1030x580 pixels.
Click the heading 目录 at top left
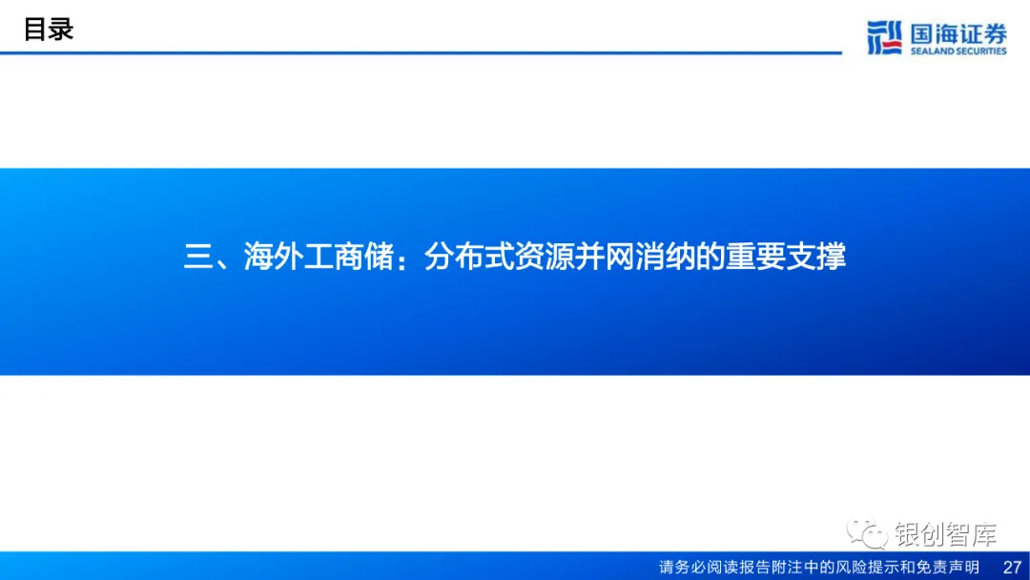click(49, 30)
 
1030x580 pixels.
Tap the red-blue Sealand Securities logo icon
click(883, 37)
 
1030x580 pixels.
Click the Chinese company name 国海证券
click(958, 33)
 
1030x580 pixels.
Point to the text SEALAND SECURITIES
click(958, 52)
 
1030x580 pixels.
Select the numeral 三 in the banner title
click(198, 258)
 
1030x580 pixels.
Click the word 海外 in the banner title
click(274, 258)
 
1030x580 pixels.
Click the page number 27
click(1012, 568)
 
